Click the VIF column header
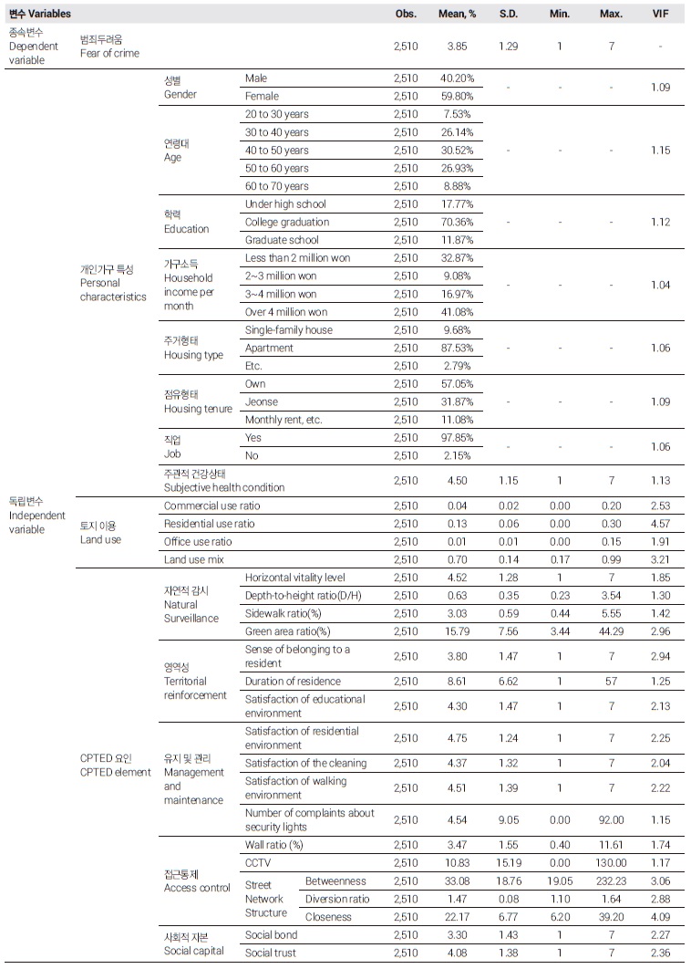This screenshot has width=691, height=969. click(x=661, y=15)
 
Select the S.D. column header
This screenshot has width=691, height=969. click(x=508, y=15)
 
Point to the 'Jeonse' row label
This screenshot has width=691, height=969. click(x=262, y=401)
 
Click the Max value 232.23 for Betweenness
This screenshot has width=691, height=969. click(x=612, y=881)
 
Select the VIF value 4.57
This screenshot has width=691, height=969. click(x=661, y=524)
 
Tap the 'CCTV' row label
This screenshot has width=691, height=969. click(x=258, y=862)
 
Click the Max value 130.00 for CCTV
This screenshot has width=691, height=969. click(x=612, y=862)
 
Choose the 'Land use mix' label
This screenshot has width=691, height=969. click(x=194, y=559)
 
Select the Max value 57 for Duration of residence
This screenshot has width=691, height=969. click(x=612, y=681)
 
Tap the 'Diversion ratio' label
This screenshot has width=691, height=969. click(x=337, y=899)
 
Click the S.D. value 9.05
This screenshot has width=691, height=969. click(x=508, y=819)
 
